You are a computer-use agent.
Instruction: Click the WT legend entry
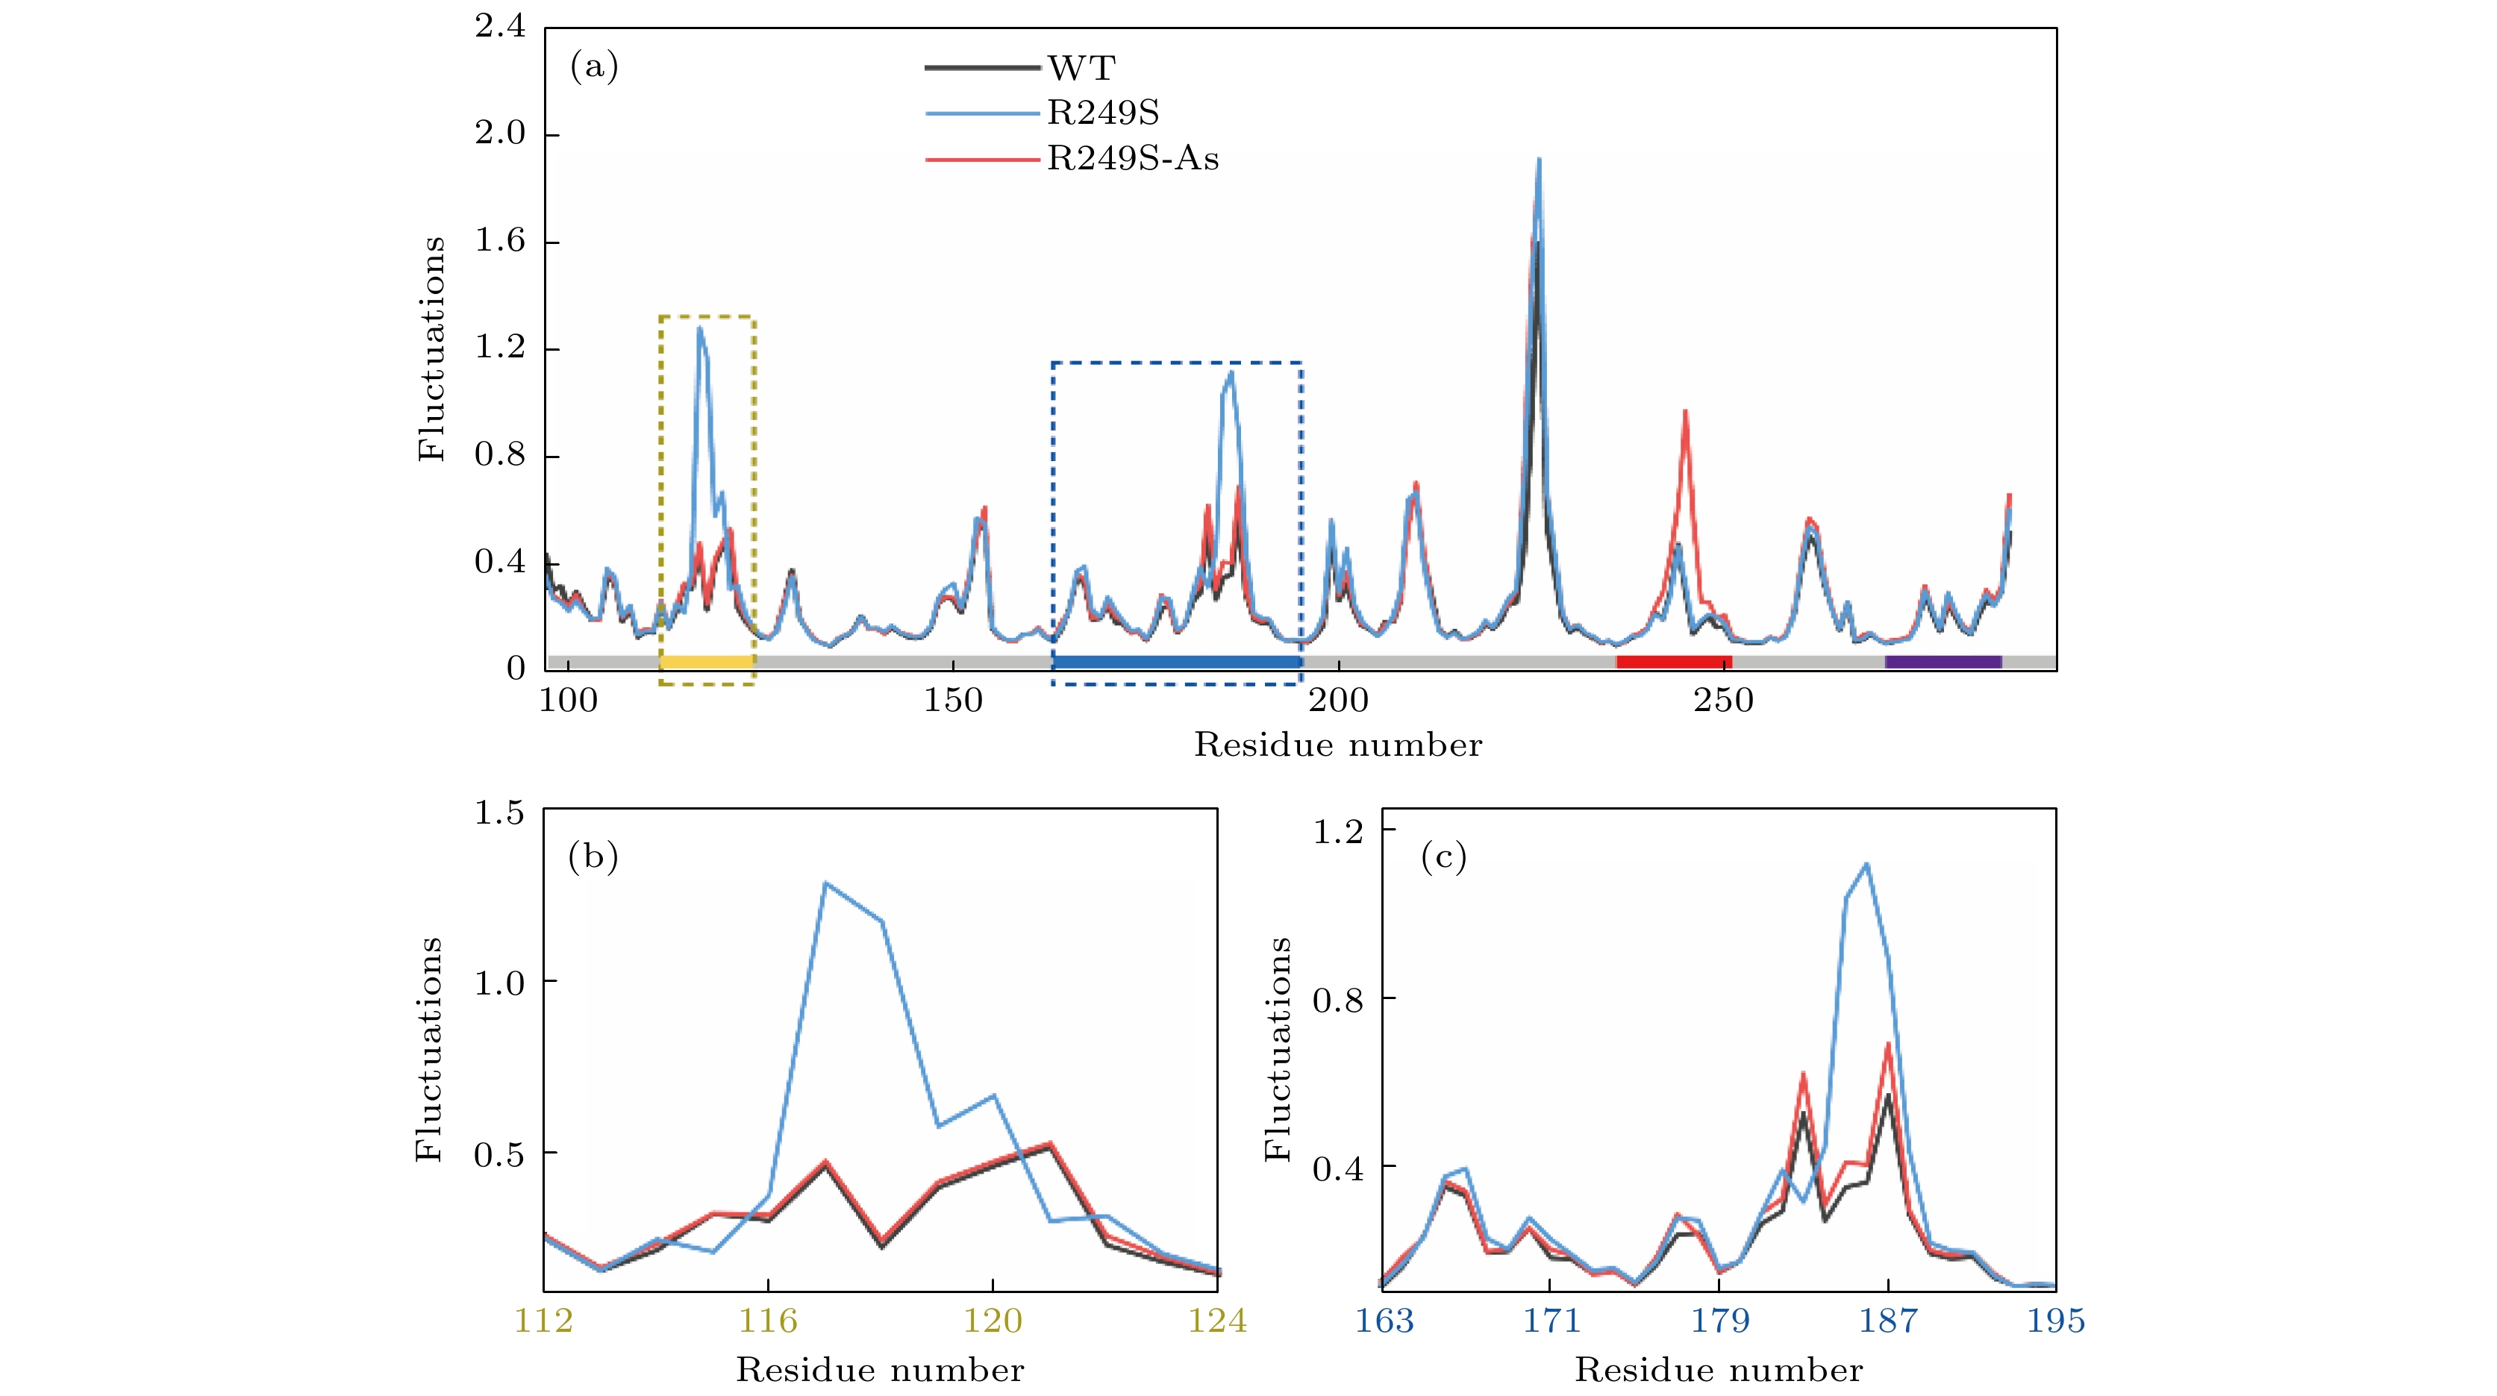tap(1081, 68)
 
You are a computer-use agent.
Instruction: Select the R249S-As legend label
tap(1132, 159)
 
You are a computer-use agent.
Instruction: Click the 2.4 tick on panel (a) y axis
tap(500, 27)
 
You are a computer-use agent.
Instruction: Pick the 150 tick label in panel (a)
tap(953, 700)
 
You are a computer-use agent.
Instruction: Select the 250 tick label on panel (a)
tap(1723, 700)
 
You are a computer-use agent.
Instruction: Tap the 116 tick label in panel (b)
tap(768, 1321)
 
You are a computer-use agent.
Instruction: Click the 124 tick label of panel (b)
tap(1217, 1321)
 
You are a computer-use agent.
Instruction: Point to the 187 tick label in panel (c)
tap(1887, 1321)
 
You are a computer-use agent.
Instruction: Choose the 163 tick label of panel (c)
tap(1384, 1321)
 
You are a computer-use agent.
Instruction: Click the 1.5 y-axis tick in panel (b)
tap(499, 813)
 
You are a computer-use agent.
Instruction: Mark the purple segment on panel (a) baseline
tap(1943, 662)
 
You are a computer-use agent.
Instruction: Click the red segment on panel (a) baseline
tap(1674, 662)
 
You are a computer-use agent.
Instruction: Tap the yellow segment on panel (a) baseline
tap(707, 662)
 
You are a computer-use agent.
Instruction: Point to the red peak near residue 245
tap(1686, 412)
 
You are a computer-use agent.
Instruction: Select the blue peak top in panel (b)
tap(825, 883)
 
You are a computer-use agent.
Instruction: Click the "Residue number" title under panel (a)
tap(1337, 745)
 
